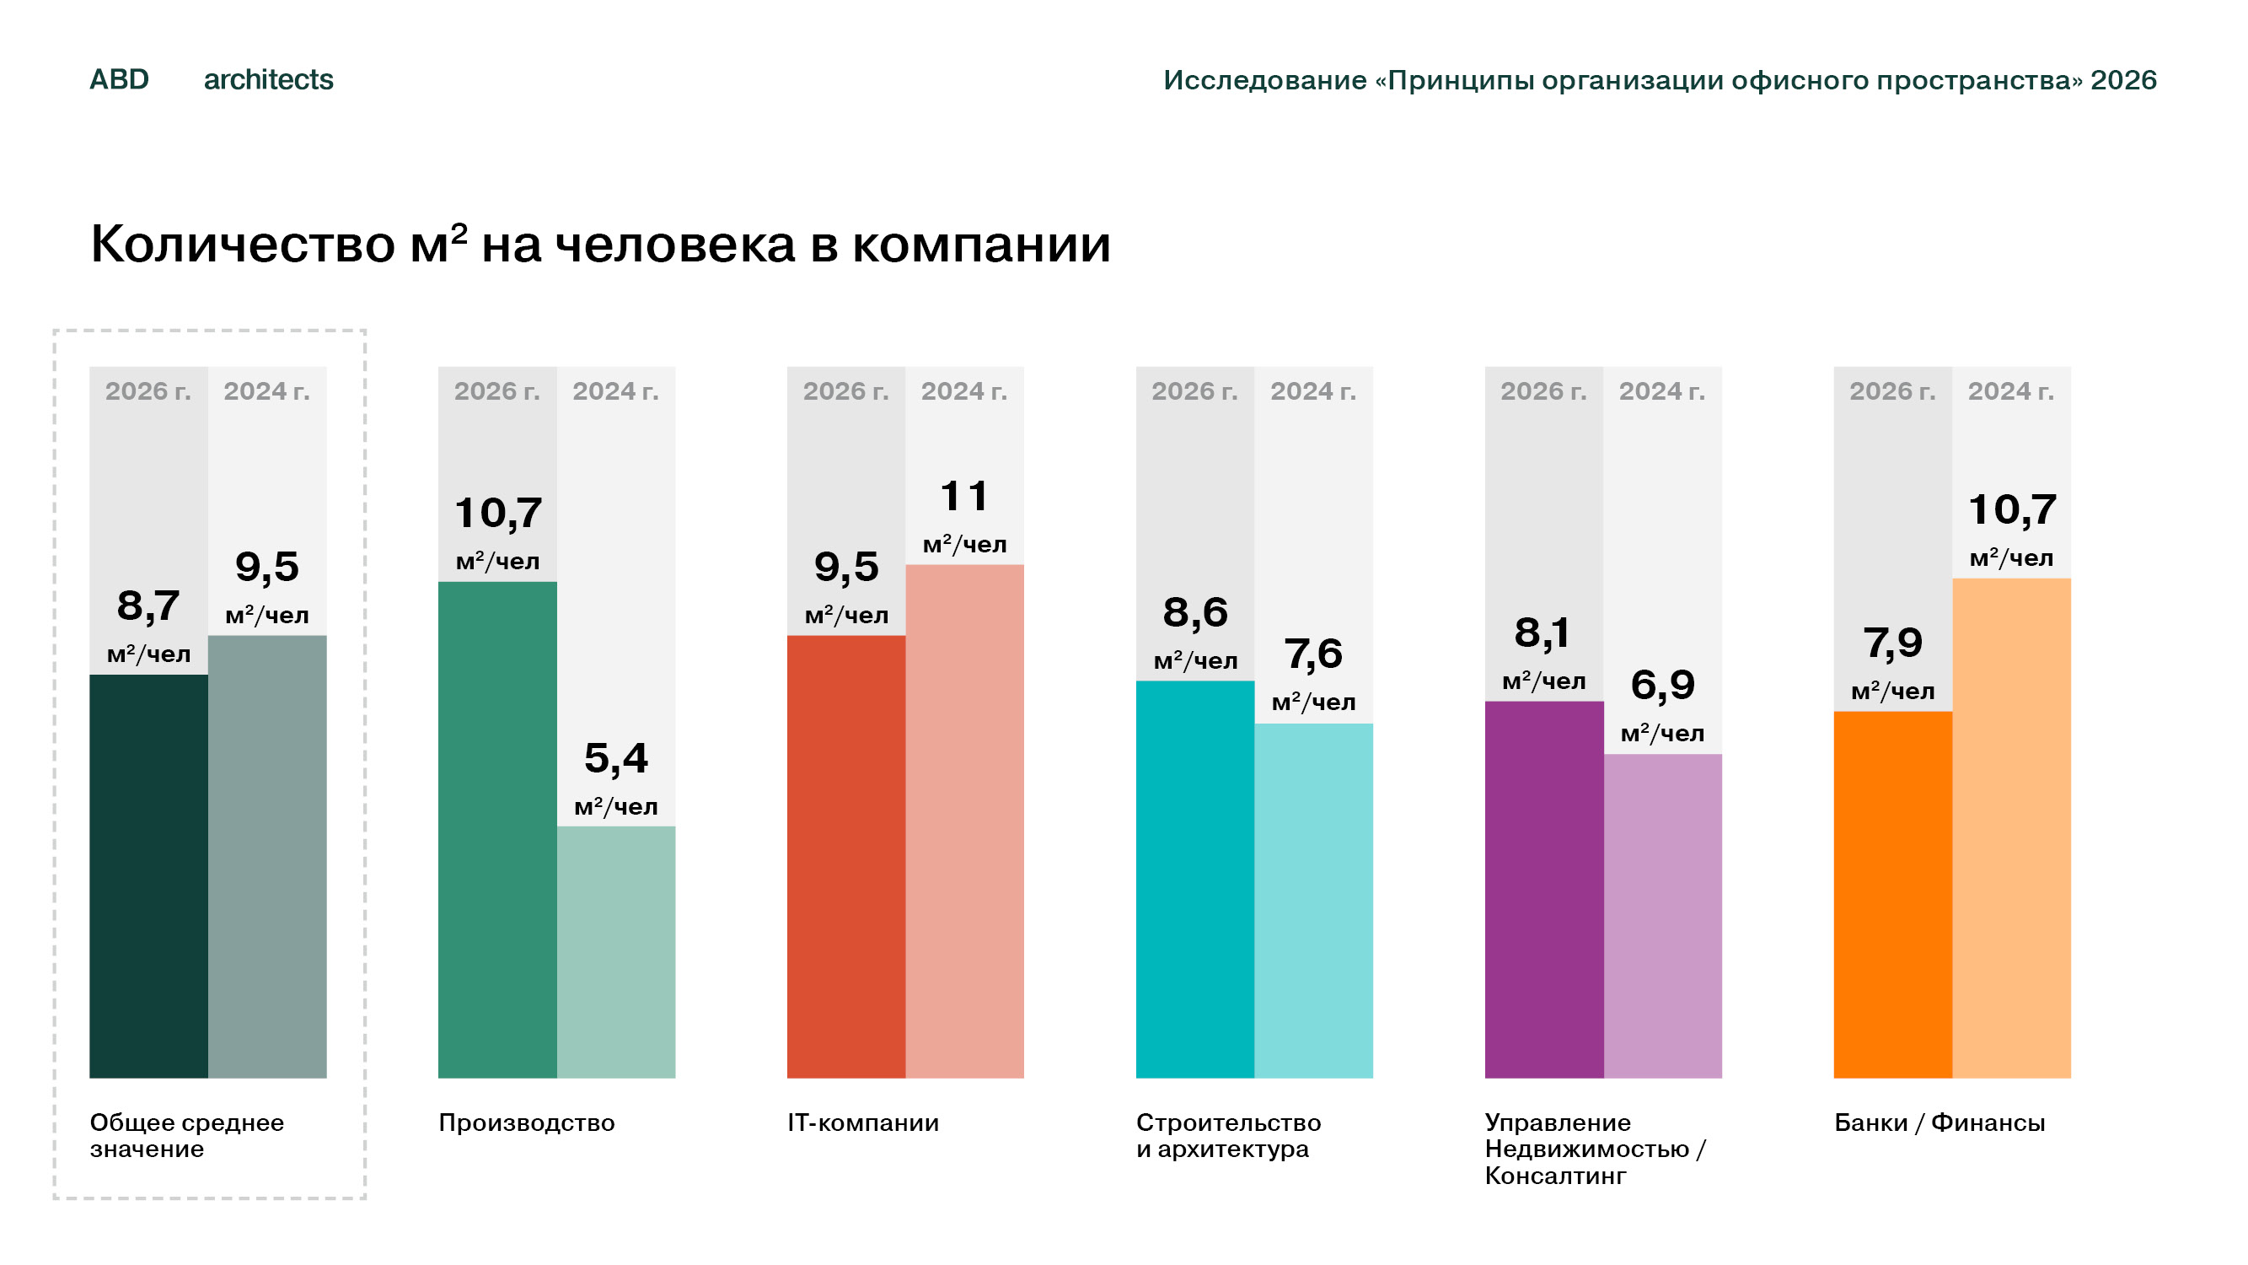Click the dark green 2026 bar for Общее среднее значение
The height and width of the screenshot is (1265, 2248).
click(x=148, y=875)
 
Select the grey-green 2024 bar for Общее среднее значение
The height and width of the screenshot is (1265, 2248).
click(x=267, y=857)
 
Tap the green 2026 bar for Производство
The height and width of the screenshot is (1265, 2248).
click(x=497, y=829)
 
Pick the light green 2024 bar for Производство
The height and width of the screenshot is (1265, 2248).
click(x=616, y=951)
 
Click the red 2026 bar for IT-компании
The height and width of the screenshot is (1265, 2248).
click(x=846, y=857)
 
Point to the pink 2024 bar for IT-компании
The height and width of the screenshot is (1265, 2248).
click(x=964, y=821)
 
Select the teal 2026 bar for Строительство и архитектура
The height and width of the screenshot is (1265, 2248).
click(x=1195, y=879)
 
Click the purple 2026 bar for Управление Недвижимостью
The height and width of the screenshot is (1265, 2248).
click(x=1545, y=890)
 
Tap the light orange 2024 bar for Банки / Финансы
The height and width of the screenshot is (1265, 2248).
click(x=2011, y=827)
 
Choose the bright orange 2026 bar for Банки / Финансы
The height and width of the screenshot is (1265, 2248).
click(x=1893, y=895)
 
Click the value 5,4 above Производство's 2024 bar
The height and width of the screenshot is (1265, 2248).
click(x=616, y=758)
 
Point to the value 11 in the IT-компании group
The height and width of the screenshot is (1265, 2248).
click(x=964, y=496)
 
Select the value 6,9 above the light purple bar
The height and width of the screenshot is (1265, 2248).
click(x=1663, y=685)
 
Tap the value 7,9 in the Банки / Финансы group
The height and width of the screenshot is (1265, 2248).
click(x=1893, y=643)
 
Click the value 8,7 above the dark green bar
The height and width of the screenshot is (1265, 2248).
click(x=148, y=606)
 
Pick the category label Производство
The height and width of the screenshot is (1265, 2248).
click(x=526, y=1122)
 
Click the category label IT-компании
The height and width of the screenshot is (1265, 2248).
click(x=863, y=1122)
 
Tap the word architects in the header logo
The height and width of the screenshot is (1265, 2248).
click(x=269, y=79)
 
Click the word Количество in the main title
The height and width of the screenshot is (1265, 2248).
click(x=243, y=244)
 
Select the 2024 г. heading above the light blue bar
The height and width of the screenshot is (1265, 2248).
click(x=1313, y=391)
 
